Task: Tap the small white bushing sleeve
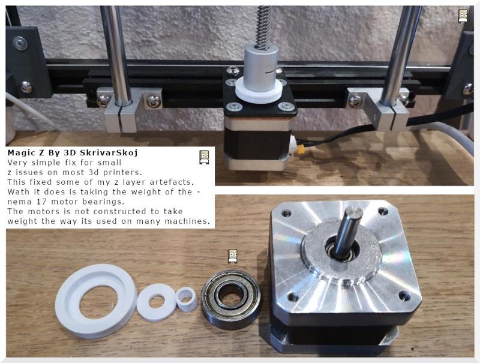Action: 187,298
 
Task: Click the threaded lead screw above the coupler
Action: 262,27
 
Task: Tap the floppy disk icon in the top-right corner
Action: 463,16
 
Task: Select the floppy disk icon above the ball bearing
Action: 233,257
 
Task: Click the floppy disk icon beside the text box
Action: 204,157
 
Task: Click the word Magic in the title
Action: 20,153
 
